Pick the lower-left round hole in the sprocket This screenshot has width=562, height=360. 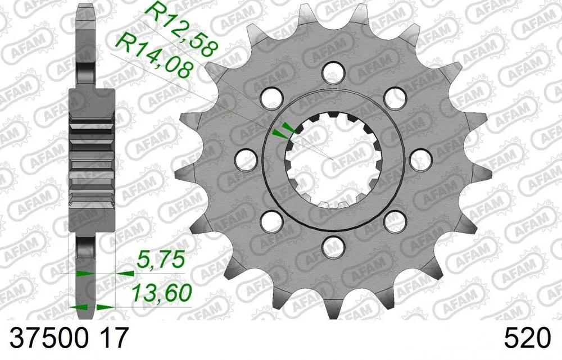[x=272, y=220]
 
